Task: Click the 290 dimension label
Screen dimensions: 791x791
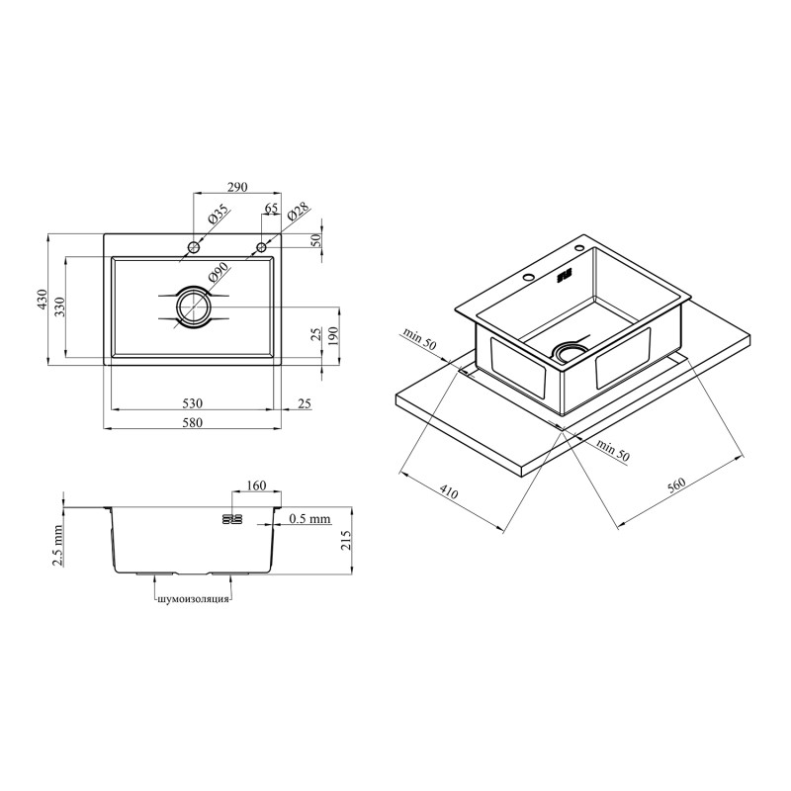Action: click(x=237, y=187)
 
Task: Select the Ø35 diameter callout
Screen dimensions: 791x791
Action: click(x=218, y=215)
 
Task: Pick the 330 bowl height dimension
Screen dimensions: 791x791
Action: click(x=60, y=306)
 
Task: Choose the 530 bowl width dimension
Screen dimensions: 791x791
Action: click(x=192, y=403)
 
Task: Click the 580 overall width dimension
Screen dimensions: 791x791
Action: click(x=192, y=422)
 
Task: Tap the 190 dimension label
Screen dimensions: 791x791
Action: click(x=332, y=335)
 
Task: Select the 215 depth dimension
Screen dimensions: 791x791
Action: click(x=345, y=540)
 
